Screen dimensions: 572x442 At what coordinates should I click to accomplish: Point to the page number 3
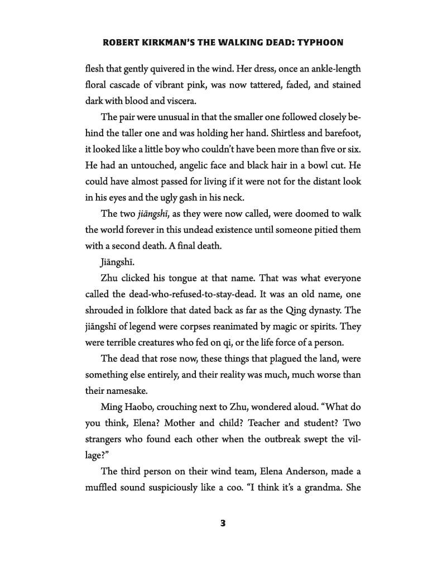[223, 523]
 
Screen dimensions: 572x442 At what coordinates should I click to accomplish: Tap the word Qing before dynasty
[302, 310]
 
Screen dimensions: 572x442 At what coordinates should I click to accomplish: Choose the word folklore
[156, 310]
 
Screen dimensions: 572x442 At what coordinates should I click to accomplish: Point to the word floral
[98, 85]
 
